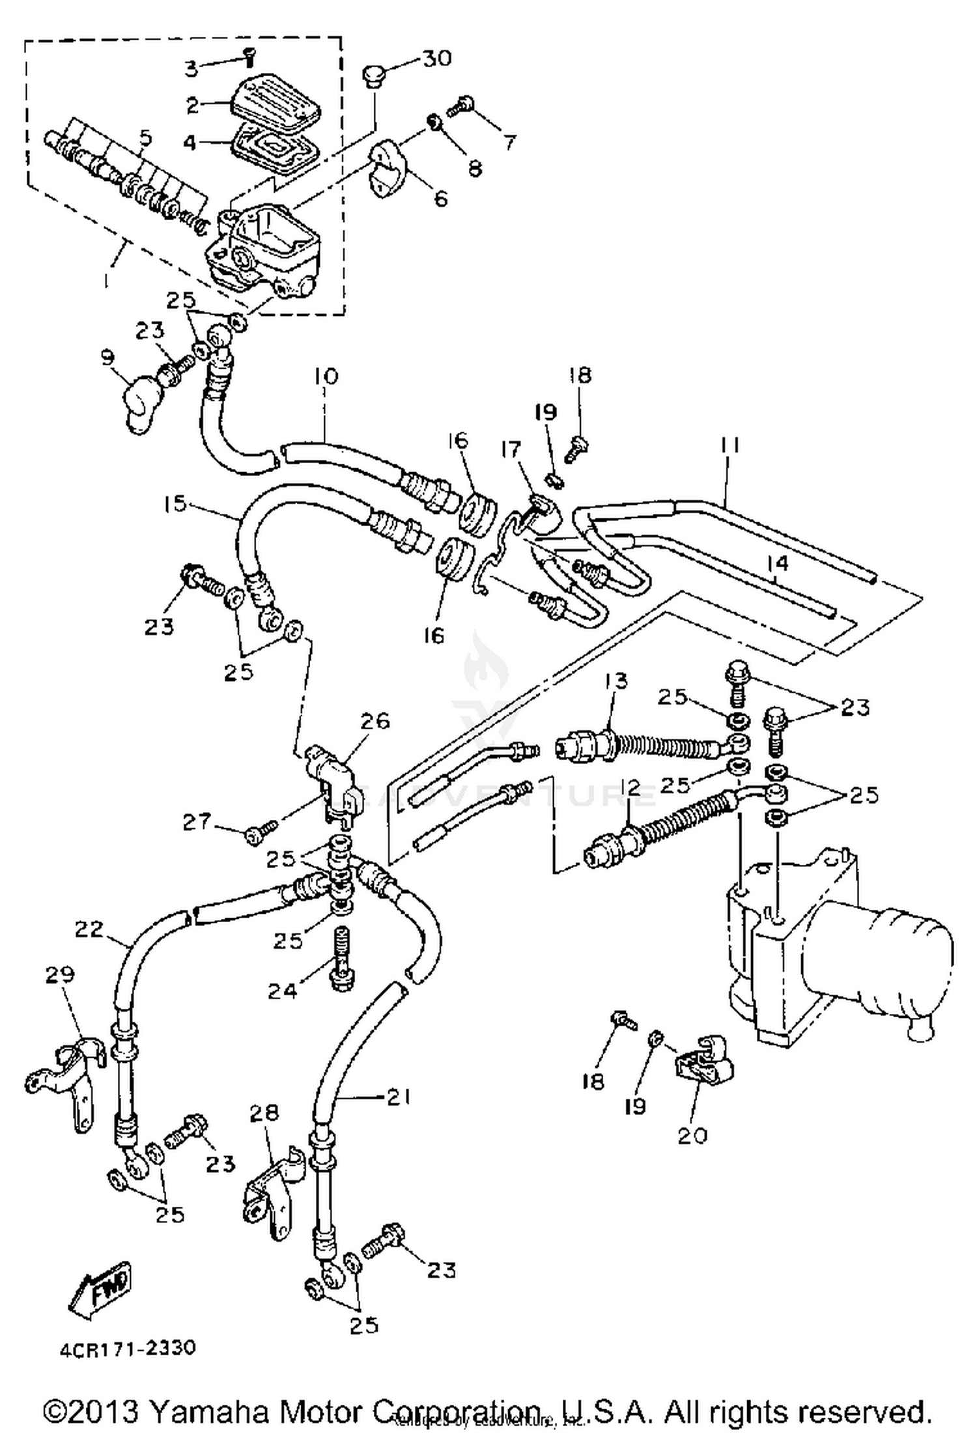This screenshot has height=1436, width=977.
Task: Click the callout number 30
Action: click(437, 59)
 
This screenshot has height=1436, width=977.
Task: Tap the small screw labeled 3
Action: click(248, 59)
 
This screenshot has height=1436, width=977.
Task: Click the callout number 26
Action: click(374, 721)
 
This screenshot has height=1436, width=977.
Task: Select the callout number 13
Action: click(616, 681)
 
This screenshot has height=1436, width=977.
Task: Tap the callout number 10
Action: click(326, 376)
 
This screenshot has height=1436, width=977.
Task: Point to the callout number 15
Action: click(175, 503)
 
